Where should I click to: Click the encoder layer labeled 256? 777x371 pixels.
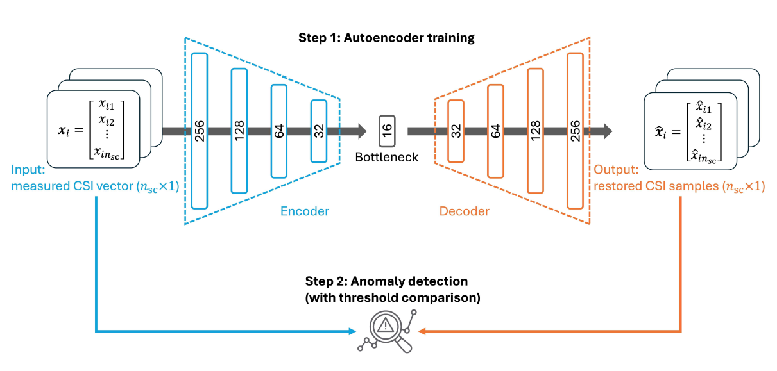tap(200, 131)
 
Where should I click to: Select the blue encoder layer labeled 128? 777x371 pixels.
tap(239, 131)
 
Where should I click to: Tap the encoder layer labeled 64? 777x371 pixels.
tap(278, 131)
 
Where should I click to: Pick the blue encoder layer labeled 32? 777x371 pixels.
tap(318, 131)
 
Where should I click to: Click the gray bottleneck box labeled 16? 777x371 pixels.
tap(387, 131)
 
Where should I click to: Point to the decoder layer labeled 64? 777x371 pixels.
tap(495, 131)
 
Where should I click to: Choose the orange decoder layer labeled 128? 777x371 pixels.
tap(535, 131)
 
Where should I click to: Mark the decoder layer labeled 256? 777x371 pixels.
tap(575, 131)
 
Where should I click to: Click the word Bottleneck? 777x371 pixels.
tap(387, 156)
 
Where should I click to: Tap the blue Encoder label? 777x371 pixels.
tap(304, 211)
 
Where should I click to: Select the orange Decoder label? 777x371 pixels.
tap(464, 211)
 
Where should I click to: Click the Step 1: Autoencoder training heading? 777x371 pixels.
tap(386, 38)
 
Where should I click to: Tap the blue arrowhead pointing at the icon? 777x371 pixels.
tap(352, 331)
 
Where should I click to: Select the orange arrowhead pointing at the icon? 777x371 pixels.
tap(422, 331)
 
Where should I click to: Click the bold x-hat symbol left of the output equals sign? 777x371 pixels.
tap(654, 133)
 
